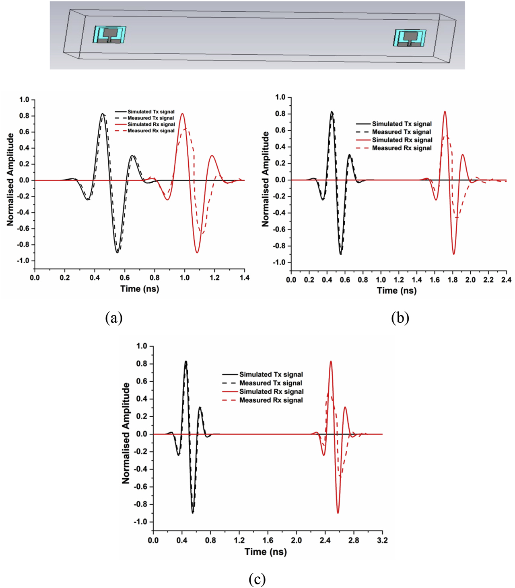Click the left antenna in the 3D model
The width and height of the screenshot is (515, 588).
click(x=110, y=35)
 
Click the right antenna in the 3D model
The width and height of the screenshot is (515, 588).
click(x=410, y=38)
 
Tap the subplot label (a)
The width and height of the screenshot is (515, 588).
click(x=113, y=318)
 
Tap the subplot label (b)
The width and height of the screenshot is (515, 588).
click(x=400, y=318)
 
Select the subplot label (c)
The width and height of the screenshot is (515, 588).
click(x=257, y=579)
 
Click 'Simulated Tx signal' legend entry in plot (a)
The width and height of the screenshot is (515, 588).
click(x=151, y=112)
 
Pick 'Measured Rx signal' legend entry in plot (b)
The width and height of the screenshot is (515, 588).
click(x=402, y=148)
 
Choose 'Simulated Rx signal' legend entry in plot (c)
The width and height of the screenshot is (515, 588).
click(x=271, y=391)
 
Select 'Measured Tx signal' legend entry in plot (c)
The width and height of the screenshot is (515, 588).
click(x=270, y=383)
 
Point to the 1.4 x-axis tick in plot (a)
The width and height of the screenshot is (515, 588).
click(x=245, y=277)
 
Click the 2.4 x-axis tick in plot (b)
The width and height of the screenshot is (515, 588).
click(x=506, y=280)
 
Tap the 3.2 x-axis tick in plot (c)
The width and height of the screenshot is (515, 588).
click(x=382, y=540)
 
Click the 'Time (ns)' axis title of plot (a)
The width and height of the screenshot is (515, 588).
click(x=140, y=289)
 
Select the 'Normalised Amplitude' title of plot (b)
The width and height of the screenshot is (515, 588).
click(x=266, y=179)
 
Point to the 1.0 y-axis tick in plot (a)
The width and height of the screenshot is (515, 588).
click(x=24, y=100)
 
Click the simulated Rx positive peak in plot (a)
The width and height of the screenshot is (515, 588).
click(x=183, y=114)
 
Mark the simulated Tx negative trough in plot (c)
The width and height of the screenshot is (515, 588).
click(x=193, y=513)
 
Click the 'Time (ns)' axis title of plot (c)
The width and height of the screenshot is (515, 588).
click(x=266, y=551)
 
